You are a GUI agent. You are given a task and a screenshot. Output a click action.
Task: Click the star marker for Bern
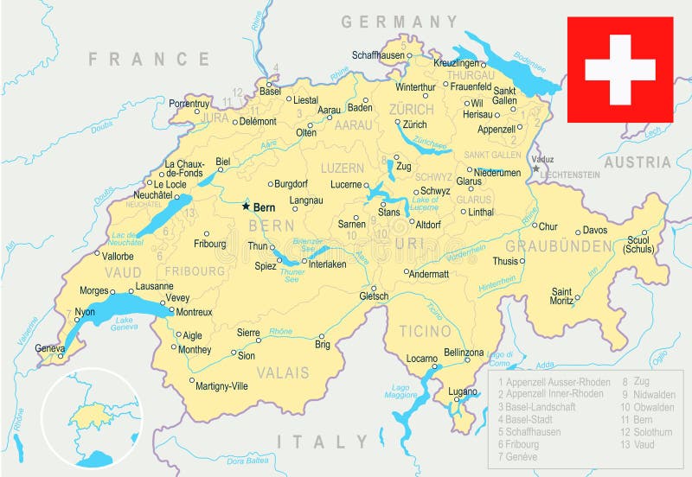click(x=246, y=207)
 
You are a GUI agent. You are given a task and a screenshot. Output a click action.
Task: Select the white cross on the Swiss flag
click(x=619, y=70)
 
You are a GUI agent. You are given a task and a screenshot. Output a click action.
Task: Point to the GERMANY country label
click(x=399, y=22)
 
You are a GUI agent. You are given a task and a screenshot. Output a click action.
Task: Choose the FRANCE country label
click(x=149, y=59)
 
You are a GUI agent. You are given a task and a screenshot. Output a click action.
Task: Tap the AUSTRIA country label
click(x=637, y=162)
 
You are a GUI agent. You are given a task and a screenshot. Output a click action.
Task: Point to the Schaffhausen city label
click(x=377, y=54)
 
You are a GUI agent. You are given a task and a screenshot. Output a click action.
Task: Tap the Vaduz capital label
click(x=543, y=159)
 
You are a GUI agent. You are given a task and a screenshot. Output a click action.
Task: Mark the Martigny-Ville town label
click(x=221, y=386)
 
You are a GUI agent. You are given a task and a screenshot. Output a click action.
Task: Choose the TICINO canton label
click(x=425, y=331)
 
